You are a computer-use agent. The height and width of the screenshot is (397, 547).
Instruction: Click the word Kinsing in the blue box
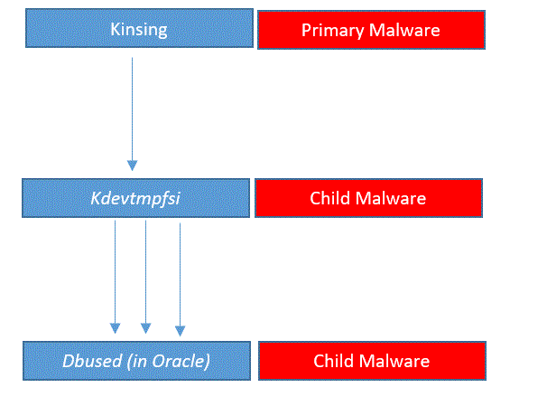(139, 30)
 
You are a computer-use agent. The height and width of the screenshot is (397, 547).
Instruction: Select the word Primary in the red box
(333, 31)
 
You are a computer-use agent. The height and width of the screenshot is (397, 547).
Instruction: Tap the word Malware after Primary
(404, 30)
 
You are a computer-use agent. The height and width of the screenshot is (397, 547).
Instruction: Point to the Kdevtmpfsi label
(135, 199)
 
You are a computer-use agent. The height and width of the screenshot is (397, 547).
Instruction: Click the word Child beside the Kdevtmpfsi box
(329, 198)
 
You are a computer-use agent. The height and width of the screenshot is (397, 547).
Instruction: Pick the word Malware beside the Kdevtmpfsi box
(390, 199)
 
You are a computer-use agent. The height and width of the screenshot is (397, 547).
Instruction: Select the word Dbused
(92, 361)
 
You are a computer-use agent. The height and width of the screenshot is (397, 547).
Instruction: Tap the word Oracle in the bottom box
(179, 361)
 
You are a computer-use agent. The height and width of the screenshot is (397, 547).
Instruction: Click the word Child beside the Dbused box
(333, 361)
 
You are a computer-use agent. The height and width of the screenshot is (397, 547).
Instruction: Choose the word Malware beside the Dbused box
(394, 361)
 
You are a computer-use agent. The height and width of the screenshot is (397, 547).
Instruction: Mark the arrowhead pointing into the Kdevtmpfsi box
(132, 165)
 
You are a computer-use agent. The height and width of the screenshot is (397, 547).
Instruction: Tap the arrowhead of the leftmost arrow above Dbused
(116, 328)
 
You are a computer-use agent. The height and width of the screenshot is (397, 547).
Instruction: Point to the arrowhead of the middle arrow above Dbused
(146, 328)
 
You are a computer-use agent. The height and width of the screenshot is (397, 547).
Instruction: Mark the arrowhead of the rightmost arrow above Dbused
(180, 331)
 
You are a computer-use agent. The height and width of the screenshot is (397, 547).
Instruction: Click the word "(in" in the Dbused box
(137, 362)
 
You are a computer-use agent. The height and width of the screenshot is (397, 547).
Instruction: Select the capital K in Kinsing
(115, 29)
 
